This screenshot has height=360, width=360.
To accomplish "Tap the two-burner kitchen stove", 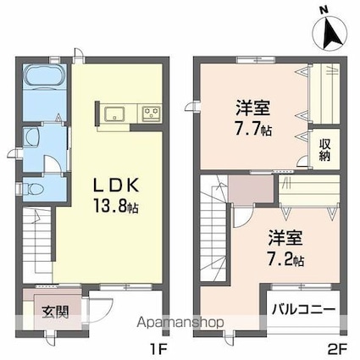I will pyautogui.click(x=151, y=114).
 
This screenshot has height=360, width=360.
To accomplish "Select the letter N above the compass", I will pyautogui.click(x=323, y=8).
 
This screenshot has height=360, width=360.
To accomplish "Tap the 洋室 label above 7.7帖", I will pyautogui.click(x=253, y=108).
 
